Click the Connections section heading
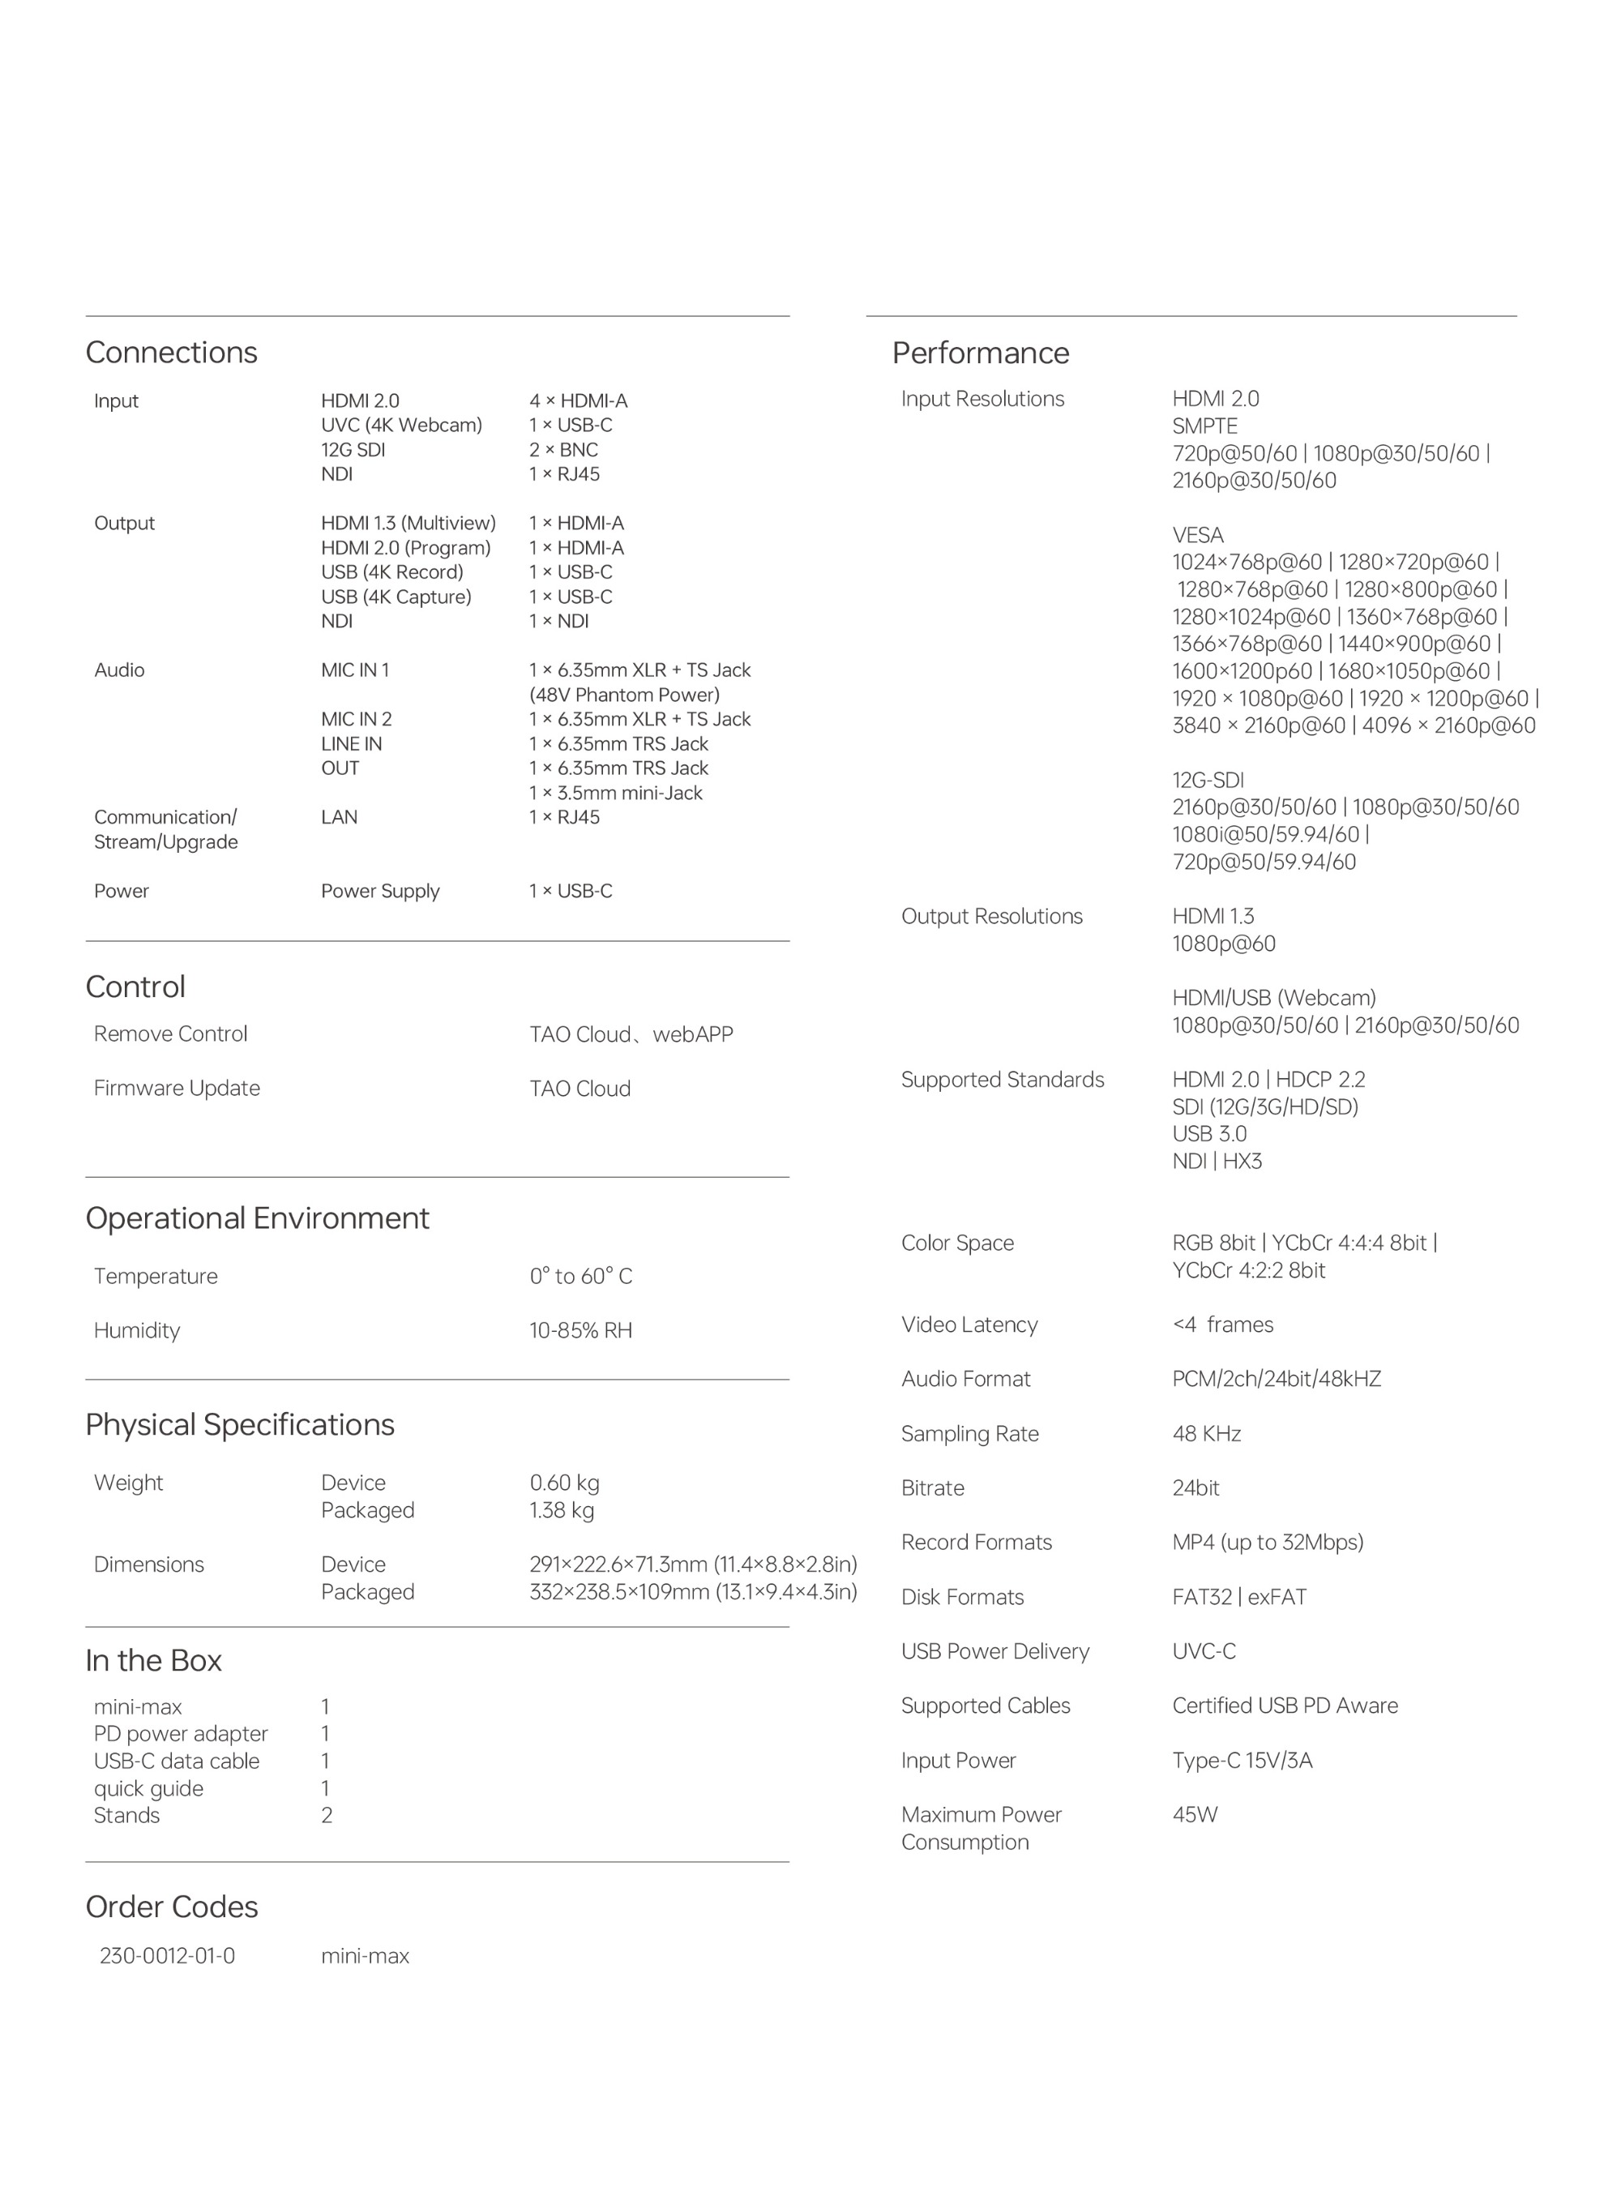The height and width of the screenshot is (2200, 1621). (171, 353)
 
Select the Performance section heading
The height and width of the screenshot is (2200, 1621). (980, 353)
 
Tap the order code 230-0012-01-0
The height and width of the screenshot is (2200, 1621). (167, 1956)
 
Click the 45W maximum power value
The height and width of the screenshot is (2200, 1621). (1194, 1814)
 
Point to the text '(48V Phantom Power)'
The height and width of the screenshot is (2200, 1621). (624, 695)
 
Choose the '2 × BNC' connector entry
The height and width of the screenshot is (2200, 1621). (563, 449)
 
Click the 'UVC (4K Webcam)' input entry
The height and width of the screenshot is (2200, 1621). (401, 425)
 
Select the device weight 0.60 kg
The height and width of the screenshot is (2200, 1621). (564, 1483)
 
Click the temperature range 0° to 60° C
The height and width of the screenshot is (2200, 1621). (581, 1277)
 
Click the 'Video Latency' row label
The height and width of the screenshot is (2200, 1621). (969, 1325)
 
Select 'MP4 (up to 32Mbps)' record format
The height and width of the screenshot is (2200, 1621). (1268, 1543)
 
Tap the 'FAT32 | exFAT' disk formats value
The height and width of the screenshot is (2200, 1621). (1239, 1598)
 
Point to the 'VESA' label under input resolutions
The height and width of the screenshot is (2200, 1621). (1198, 536)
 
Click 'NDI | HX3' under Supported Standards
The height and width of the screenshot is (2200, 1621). (1217, 1161)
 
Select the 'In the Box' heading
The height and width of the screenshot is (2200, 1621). (153, 1660)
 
